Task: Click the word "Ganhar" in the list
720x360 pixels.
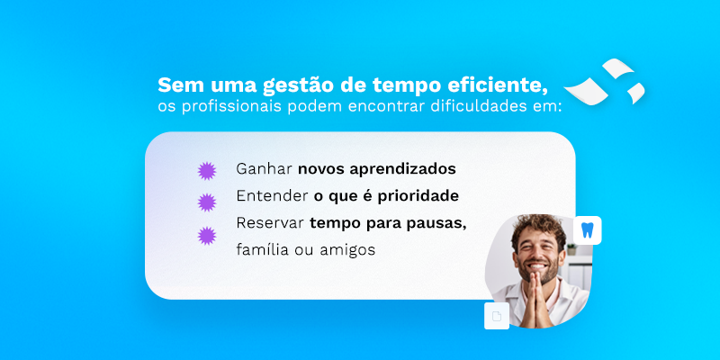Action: [264, 169]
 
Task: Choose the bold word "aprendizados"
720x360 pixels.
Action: [402, 169]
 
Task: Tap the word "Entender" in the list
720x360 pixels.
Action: [272, 196]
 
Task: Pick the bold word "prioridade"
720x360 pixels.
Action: [418, 196]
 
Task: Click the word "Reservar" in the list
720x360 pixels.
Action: [270, 223]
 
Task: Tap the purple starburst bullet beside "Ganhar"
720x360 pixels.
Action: [207, 171]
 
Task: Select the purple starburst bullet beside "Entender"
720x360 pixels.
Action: [207, 202]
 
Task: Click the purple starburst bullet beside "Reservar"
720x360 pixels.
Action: [207, 236]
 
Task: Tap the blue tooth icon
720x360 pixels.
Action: [588, 230]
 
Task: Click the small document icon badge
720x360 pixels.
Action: [497, 316]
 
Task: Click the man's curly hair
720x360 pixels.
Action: [539, 229]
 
